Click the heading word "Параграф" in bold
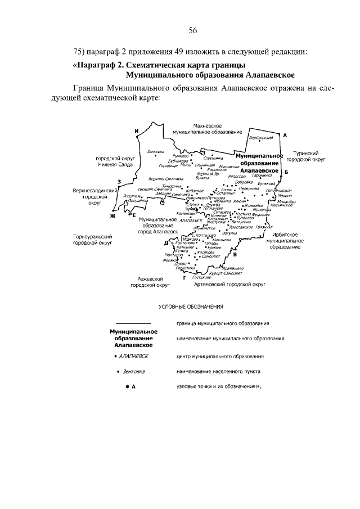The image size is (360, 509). click(96, 65)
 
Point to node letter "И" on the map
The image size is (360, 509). click(137, 131)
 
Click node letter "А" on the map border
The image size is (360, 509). click(285, 136)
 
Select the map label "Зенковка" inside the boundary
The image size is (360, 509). click(155, 151)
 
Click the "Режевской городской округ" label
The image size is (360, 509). click(150, 282)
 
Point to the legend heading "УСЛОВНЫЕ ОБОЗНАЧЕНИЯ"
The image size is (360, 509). click(191, 307)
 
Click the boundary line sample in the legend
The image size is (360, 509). click(132, 323)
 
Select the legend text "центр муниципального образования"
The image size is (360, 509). click(220, 357)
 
